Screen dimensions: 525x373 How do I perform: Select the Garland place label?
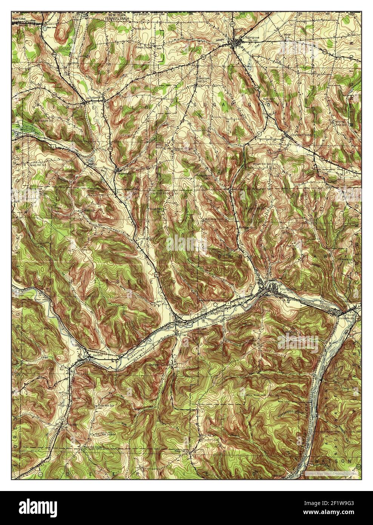point(93,355)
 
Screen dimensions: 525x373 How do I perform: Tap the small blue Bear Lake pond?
point(46,28)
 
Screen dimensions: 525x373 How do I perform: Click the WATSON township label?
point(334,461)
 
